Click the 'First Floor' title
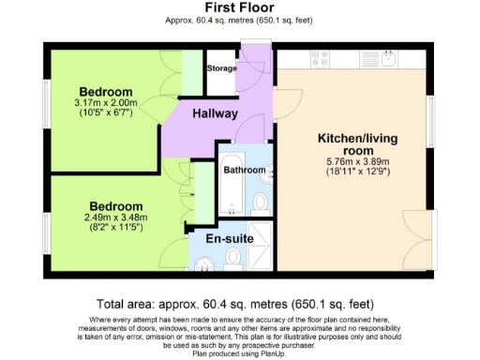click(239, 7)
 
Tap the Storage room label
click(221, 68)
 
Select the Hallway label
click(215, 113)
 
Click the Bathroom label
click(244, 170)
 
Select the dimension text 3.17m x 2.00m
click(106, 102)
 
